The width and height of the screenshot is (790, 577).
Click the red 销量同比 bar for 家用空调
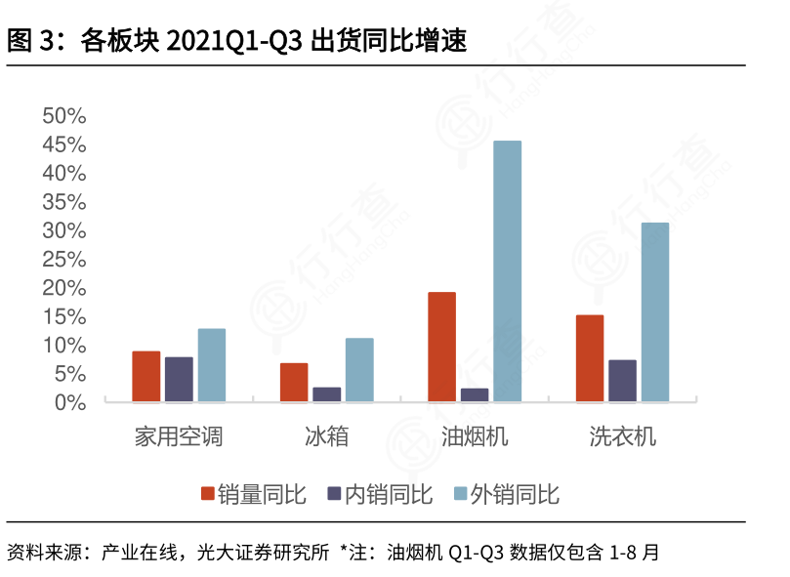146,376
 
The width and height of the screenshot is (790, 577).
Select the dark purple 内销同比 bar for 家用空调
179,379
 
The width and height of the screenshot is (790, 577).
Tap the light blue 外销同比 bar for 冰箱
359,370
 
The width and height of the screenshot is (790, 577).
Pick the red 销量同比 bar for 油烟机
441,347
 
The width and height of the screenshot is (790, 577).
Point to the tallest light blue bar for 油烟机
507,271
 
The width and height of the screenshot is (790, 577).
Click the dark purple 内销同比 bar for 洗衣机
622,381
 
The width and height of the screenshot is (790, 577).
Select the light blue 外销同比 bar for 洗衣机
655,312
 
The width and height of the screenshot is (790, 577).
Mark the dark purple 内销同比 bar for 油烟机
475,394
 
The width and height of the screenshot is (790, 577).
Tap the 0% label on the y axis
70,402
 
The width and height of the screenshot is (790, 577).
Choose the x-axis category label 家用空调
179,436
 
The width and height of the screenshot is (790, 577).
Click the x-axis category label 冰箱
326,436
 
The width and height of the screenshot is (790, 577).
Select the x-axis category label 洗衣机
622,436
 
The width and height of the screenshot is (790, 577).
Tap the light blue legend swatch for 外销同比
461,494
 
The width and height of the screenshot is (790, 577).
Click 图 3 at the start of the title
28,41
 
